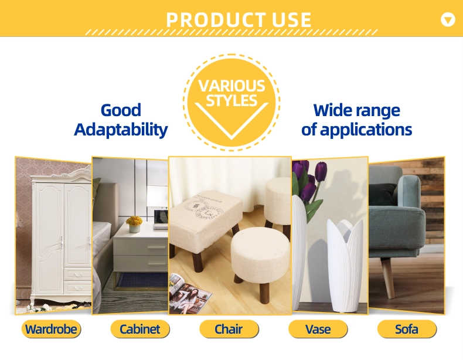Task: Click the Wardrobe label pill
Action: pyautogui.click(x=51, y=329)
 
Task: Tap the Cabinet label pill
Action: pyautogui.click(x=140, y=329)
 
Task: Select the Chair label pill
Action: pyautogui.click(x=229, y=329)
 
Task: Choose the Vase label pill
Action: pyautogui.click(x=318, y=329)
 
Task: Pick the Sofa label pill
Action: pyautogui.click(x=407, y=329)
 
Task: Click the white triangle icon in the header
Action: pyautogui.click(x=448, y=19)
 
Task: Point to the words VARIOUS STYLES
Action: pyautogui.click(x=231, y=93)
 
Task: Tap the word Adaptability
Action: pyautogui.click(x=121, y=130)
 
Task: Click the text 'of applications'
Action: pyautogui.click(x=356, y=130)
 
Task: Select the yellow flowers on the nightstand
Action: pyautogui.click(x=134, y=221)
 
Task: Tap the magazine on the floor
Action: pyautogui.click(x=189, y=294)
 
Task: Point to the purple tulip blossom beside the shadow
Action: pyautogui.click(x=321, y=171)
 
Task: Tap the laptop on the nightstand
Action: pyautogui.click(x=161, y=219)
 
